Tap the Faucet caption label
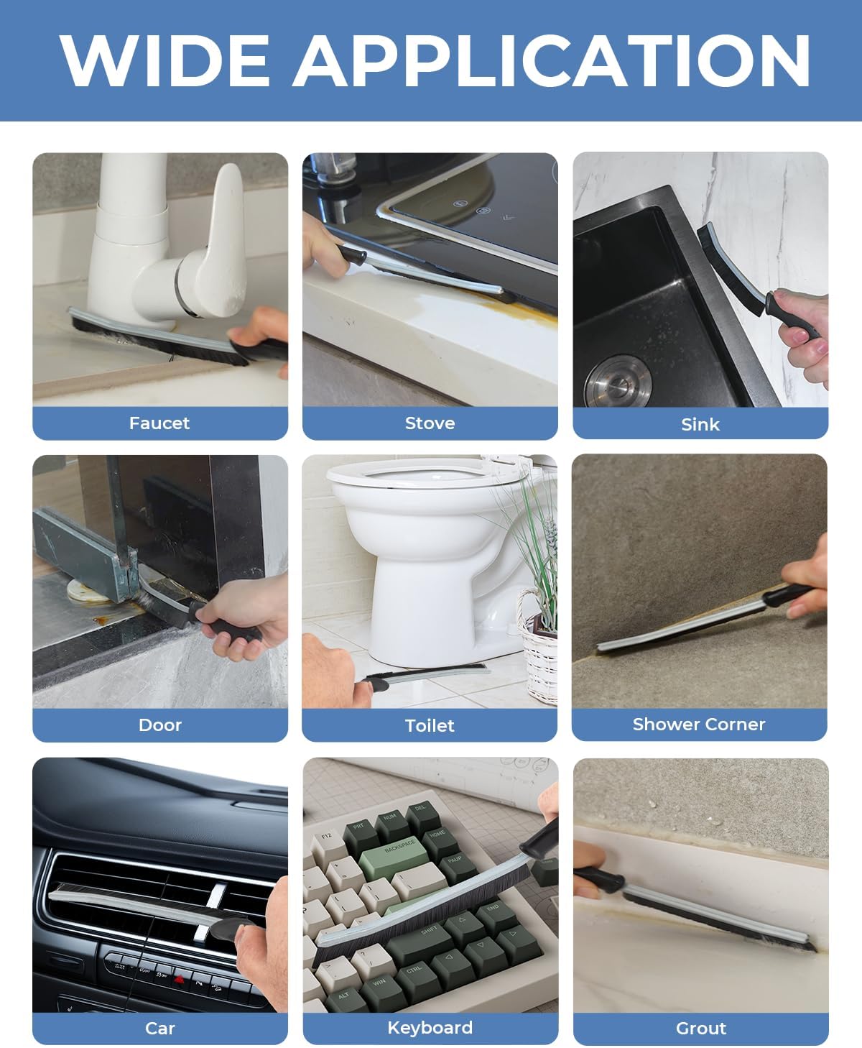coord(159,423)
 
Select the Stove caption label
coord(430,423)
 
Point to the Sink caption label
coord(700,425)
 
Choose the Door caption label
coord(159,725)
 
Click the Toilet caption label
coord(430,726)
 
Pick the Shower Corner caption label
coord(699,725)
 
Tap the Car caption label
coord(159,1029)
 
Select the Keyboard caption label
coord(430,1028)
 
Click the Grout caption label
coord(700,1029)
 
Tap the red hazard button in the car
coord(180,979)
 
